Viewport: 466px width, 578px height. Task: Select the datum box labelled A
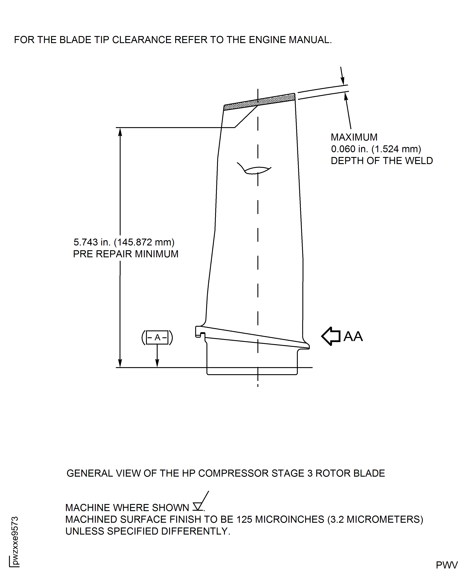coord(157,337)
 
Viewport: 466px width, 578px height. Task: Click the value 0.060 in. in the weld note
coord(349,149)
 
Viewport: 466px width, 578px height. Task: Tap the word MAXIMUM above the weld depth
coord(354,137)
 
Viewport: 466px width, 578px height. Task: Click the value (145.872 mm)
coord(144,242)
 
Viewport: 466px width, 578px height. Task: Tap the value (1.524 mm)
coord(396,149)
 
